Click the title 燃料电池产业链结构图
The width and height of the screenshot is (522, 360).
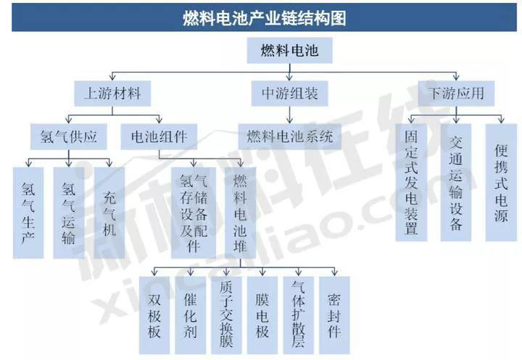coord(265,18)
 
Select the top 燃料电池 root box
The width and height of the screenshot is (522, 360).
coord(289,50)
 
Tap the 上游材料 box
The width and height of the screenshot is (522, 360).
coord(112,93)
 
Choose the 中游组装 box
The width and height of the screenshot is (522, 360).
coord(289,93)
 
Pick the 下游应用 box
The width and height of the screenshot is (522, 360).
coord(456,93)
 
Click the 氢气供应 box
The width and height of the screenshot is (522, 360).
coord(69,137)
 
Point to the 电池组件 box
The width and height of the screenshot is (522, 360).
coord(159,137)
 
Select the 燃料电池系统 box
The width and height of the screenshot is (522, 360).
coord(289,137)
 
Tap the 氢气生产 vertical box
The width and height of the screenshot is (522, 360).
coord(28,213)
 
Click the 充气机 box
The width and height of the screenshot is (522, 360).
coord(109,213)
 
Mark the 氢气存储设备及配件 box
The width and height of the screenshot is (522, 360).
coord(194,213)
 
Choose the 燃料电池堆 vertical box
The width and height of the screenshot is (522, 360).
coord(240,213)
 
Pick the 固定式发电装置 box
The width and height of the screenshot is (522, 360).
coord(411,183)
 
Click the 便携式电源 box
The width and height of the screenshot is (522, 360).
coord(501,183)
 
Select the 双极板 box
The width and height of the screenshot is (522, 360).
coord(154,315)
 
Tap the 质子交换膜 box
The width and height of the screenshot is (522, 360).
coord(226,315)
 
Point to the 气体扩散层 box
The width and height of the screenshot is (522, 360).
coord(298,315)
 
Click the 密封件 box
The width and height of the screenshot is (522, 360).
coord(334,315)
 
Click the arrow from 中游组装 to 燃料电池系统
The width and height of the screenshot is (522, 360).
coord(289,115)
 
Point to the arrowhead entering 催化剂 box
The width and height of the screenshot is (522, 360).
coord(190,273)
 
